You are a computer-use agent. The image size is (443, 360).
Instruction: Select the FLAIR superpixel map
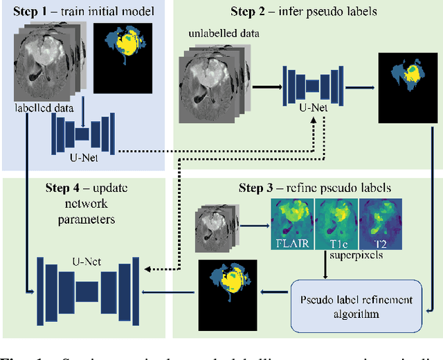click(292, 224)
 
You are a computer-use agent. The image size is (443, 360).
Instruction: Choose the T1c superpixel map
click(336, 224)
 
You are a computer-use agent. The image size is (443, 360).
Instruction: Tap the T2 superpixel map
click(379, 224)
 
